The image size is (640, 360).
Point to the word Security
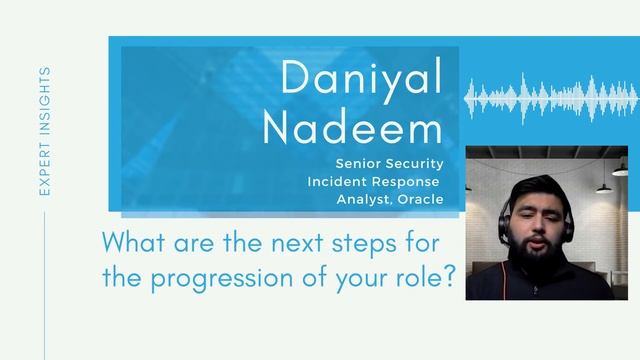413,163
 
